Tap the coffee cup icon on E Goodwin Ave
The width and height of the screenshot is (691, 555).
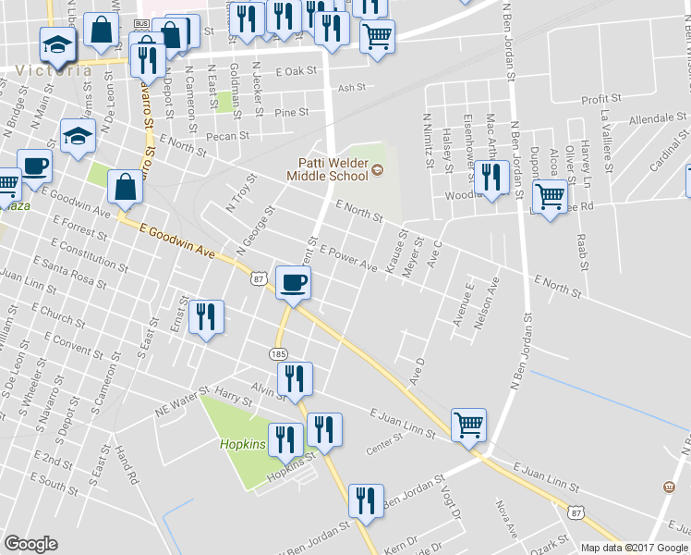[x=294, y=283]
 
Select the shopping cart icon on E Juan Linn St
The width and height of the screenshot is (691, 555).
[x=468, y=426]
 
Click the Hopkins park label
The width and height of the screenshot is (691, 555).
[x=243, y=444]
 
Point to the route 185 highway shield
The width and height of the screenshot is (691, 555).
[x=278, y=353]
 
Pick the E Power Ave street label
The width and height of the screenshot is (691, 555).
[x=348, y=258]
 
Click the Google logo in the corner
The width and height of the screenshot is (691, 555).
[x=30, y=544]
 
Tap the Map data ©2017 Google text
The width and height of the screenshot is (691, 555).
[x=634, y=548]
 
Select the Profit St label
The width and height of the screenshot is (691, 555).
[x=599, y=100]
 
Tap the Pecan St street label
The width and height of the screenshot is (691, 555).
[x=228, y=135]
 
